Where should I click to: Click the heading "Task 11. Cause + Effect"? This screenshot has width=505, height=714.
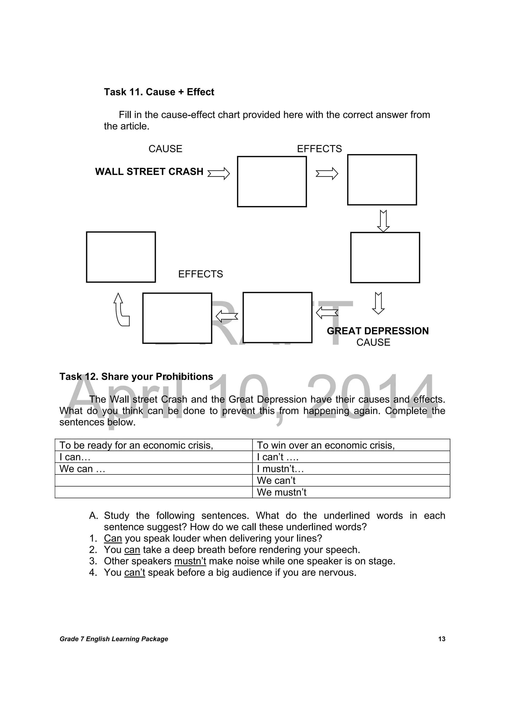tap(159, 92)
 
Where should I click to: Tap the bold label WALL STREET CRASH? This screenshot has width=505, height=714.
tap(149, 172)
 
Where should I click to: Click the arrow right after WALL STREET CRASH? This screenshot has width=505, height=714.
tap(218, 173)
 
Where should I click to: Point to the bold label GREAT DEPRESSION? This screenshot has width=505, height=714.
tap(378, 331)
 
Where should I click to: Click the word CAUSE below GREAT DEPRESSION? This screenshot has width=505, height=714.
tap(373, 342)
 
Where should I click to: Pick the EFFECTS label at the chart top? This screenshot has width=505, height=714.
tap(319, 149)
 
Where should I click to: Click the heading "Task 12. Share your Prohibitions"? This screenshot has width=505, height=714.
tap(136, 377)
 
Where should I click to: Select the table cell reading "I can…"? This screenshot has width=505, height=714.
tap(153, 457)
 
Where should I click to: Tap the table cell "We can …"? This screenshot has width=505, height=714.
tap(153, 469)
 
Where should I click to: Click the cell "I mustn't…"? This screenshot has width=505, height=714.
tap(351, 469)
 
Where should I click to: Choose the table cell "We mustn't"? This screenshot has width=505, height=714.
tap(351, 492)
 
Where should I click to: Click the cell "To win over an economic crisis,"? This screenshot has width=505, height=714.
tap(351, 445)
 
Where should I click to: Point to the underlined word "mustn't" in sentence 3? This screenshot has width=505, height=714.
tap(190, 561)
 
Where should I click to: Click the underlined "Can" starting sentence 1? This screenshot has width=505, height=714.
tap(113, 538)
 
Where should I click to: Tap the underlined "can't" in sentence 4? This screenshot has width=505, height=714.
tap(134, 573)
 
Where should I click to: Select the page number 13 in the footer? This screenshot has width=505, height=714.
tap(442, 639)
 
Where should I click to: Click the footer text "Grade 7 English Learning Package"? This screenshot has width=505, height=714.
tap(114, 639)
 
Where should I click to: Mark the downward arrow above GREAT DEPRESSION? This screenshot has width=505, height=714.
tap(378, 303)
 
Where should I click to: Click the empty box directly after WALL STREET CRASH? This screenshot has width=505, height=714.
tap(272, 182)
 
